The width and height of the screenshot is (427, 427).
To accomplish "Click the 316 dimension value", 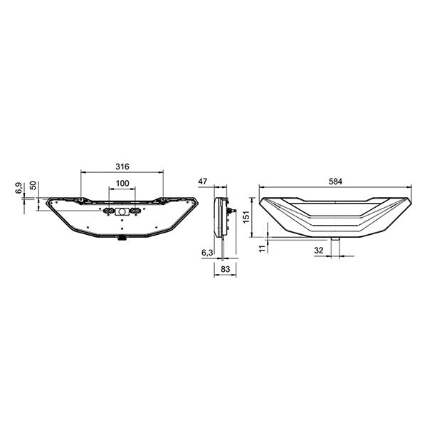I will (122, 167).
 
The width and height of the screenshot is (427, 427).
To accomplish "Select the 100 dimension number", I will (122, 184).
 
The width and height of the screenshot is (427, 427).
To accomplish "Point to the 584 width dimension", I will (336, 182).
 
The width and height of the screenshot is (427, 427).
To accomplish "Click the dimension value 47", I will (204, 182).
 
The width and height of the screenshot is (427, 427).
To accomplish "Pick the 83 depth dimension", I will (224, 269).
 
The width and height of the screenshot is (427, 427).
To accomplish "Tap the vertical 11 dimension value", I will (261, 246).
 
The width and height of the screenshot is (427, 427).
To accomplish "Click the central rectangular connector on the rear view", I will (122, 213).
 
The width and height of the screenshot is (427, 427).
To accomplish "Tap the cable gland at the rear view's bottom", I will (122, 239).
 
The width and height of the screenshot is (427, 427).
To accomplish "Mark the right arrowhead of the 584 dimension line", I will (411, 189).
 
